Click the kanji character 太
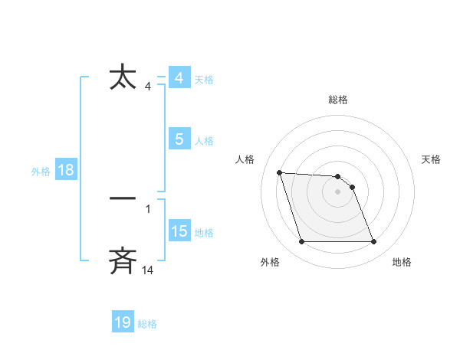click(123, 78)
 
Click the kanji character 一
click(123, 198)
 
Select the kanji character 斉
click(123, 260)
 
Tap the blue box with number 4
click(179, 78)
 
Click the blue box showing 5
click(179, 139)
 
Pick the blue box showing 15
click(179, 231)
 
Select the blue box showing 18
click(66, 170)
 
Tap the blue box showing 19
click(123, 322)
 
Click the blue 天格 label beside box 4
click(204, 80)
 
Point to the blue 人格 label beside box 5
click(204, 141)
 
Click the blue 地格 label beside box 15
click(204, 233)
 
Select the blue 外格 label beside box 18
click(41, 172)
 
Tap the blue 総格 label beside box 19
click(147, 324)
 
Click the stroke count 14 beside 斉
click(148, 270)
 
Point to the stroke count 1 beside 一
click(148, 208)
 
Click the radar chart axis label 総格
click(338, 100)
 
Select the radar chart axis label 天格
click(432, 159)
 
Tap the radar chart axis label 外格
click(270, 262)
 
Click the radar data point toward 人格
click(280, 172)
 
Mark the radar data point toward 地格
click(373, 242)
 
